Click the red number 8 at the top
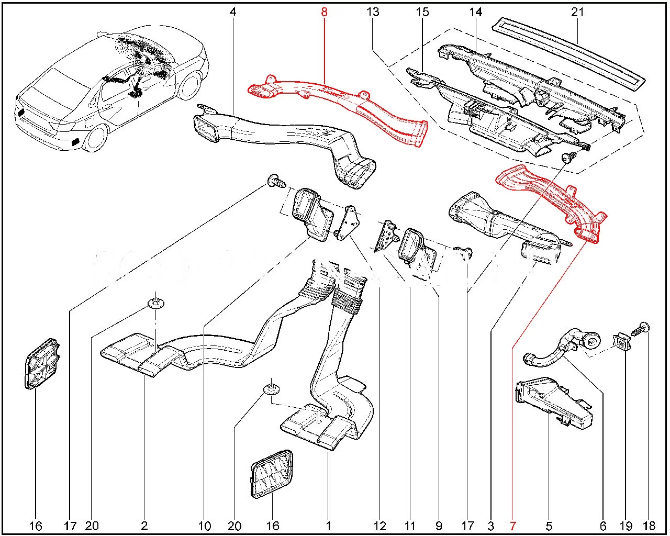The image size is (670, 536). pos(324,12)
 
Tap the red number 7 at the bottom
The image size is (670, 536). pos(513,526)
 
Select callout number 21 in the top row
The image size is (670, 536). pos(577,12)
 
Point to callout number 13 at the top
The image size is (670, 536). pos(373,12)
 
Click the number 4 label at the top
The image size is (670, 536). pos(233,12)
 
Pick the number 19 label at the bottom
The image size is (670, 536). pos(626,526)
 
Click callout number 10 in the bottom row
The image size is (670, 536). pos(205,526)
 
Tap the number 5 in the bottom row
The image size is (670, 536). pos(549,526)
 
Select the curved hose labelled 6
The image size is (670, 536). pos(555,351)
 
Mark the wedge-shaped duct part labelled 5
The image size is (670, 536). pos(552,400)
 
